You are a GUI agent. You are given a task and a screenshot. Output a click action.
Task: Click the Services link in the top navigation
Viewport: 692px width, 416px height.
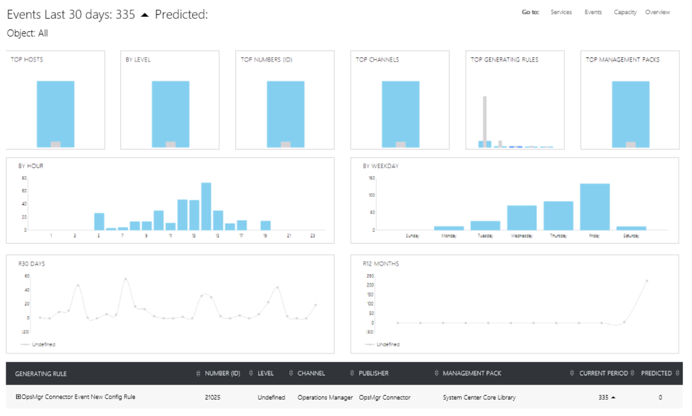(561, 12)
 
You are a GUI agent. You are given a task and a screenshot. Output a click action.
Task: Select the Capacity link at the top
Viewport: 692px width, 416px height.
(625, 12)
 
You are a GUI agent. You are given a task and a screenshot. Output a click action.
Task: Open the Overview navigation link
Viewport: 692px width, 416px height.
(657, 12)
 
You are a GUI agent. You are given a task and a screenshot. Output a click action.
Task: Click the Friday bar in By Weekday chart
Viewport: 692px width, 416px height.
(595, 207)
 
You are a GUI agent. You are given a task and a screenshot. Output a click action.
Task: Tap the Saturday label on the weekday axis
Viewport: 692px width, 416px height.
(631, 236)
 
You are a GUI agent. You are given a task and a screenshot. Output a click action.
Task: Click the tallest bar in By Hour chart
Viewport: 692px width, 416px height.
(206, 206)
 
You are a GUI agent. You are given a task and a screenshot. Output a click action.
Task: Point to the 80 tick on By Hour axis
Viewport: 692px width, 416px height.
(24, 178)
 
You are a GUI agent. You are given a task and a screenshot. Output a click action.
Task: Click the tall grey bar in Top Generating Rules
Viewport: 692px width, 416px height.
(485, 119)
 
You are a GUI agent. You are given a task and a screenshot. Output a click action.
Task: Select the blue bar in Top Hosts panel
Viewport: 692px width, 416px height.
(56, 111)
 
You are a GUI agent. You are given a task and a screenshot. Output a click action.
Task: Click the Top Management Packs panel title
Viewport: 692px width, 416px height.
(622, 60)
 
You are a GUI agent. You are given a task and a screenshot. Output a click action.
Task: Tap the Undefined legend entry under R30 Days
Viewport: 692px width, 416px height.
(42, 345)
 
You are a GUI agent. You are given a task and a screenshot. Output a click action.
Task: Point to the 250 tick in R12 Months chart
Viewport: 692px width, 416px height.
(370, 275)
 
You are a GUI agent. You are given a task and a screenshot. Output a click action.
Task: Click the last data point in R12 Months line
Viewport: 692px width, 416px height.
(647, 281)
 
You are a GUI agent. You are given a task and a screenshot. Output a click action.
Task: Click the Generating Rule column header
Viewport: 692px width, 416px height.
(41, 373)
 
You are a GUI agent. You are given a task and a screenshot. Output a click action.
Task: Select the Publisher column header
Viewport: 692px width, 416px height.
(373, 373)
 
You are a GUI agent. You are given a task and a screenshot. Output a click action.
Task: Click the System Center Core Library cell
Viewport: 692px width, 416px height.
(479, 397)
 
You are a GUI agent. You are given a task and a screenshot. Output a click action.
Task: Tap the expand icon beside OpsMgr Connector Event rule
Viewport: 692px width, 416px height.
(18, 397)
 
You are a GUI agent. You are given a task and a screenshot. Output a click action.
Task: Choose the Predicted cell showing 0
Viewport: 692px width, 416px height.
(660, 398)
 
